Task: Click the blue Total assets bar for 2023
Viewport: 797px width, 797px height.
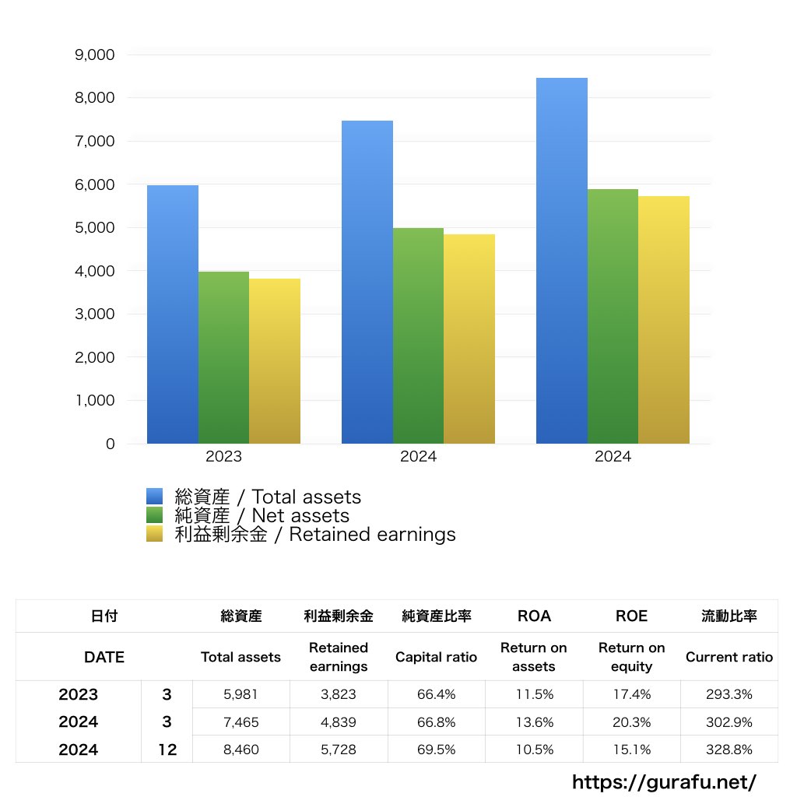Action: [173, 314]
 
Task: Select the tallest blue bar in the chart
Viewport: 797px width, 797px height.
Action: [561, 261]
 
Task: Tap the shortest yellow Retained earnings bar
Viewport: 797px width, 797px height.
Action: [275, 361]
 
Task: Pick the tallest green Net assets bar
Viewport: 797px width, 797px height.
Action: [613, 316]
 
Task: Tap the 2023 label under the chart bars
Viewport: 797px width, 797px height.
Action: [223, 457]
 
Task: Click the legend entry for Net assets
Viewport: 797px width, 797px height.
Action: [262, 515]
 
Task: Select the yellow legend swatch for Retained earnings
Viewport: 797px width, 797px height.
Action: [154, 534]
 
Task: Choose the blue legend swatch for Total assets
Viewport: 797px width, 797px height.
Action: [154, 497]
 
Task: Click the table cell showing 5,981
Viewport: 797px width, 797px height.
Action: [241, 694]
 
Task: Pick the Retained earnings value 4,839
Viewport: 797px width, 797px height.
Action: [339, 722]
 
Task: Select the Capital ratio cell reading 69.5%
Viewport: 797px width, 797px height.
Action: [436, 750]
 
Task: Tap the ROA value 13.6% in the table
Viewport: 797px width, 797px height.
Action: [534, 722]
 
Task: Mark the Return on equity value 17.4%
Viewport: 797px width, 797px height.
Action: [631, 694]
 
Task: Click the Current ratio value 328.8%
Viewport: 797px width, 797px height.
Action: [729, 750]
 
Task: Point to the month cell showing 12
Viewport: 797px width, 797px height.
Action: [167, 750]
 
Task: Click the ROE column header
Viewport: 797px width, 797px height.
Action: [631, 616]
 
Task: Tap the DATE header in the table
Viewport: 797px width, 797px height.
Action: [104, 657]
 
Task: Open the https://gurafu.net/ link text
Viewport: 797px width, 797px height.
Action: [664, 781]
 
